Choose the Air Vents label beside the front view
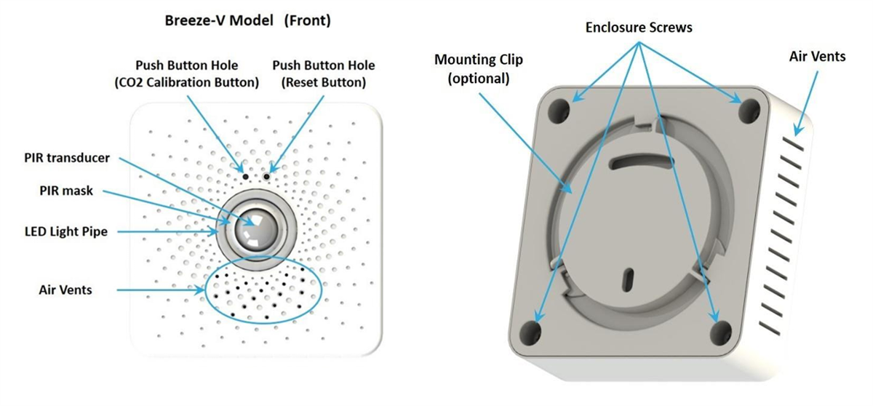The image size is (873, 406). coord(65,290)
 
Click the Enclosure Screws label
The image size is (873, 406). coord(639,27)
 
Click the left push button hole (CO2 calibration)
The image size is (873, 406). coord(246,176)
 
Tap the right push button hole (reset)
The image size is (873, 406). coord(267,176)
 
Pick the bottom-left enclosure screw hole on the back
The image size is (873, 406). coord(534,331)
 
